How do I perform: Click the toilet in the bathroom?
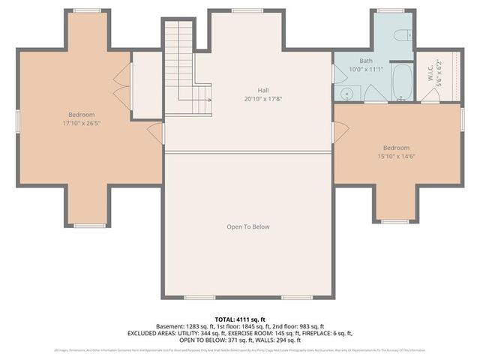(402, 35)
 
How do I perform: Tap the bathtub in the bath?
(401, 82)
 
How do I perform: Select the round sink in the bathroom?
(346, 93)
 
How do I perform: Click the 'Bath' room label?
(365, 61)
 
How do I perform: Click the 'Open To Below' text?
(247, 226)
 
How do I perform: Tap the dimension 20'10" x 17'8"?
(262, 99)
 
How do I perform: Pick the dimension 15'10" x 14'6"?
(397, 157)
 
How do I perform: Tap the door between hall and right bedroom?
(340, 132)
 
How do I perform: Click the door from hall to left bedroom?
(156, 133)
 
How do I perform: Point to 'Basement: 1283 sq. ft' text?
(184, 326)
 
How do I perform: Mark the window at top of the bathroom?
(390, 10)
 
